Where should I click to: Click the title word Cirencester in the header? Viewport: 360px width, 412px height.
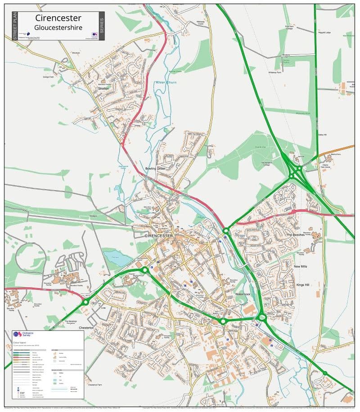click(58, 18)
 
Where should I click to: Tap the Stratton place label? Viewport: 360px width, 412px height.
click(103, 89)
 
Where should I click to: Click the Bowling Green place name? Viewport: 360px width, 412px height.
click(155, 168)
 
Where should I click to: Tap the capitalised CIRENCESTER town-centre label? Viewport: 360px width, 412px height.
click(159, 235)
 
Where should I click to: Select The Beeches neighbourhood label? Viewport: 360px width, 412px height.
click(296, 235)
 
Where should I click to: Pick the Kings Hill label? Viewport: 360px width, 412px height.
click(302, 285)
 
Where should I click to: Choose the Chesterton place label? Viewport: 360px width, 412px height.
click(86, 328)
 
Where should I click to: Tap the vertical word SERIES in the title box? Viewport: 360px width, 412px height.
click(101, 26)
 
